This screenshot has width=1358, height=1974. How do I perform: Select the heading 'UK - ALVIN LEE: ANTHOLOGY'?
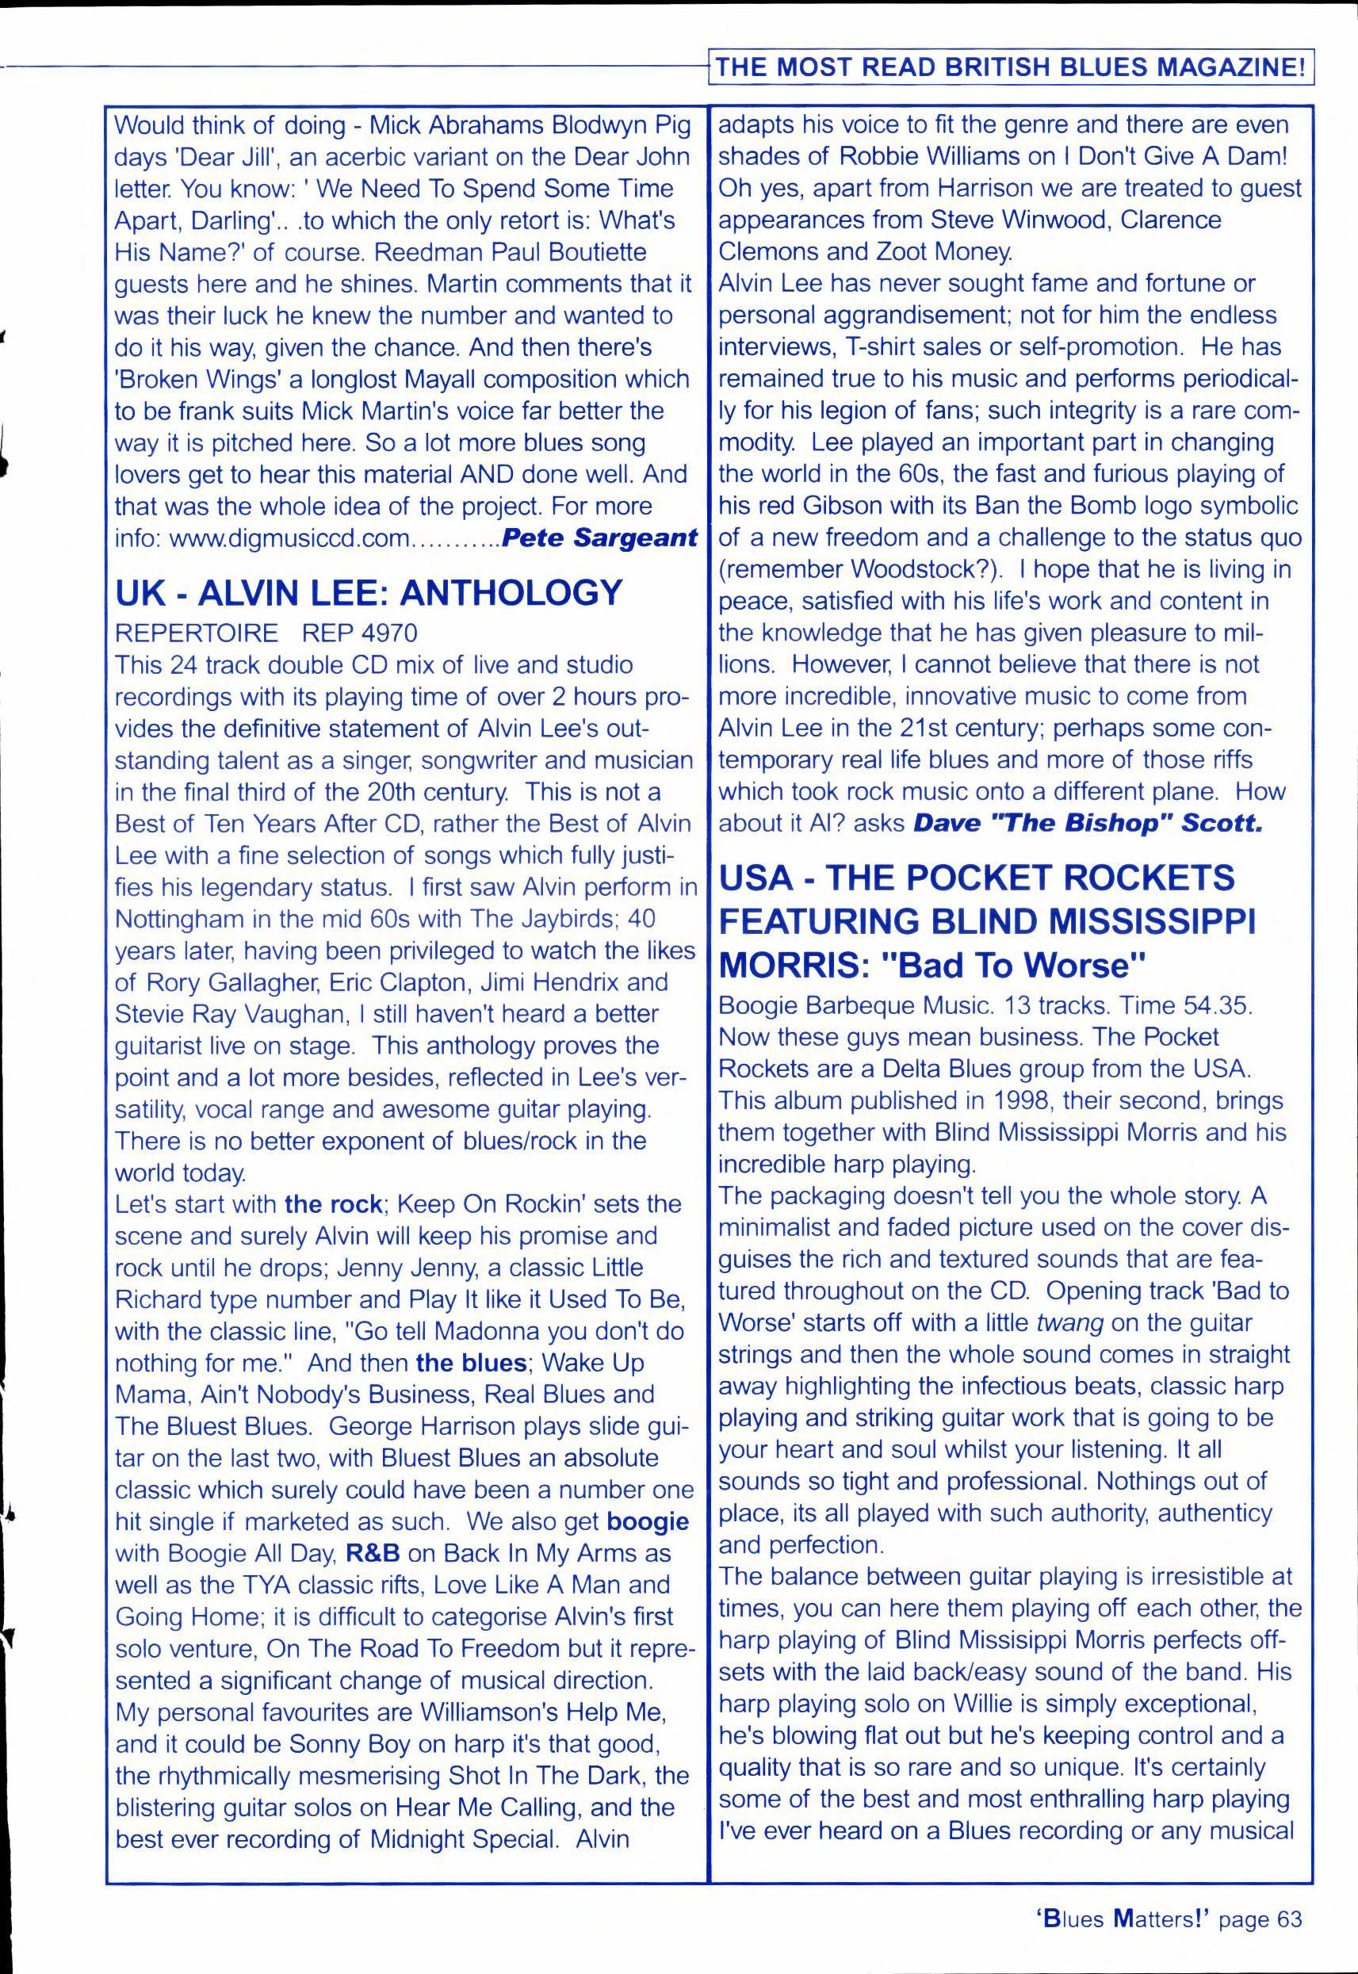coord(369,593)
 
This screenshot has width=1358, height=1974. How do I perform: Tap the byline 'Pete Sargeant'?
coord(600,537)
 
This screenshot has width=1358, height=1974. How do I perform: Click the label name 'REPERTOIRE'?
coord(197,633)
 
